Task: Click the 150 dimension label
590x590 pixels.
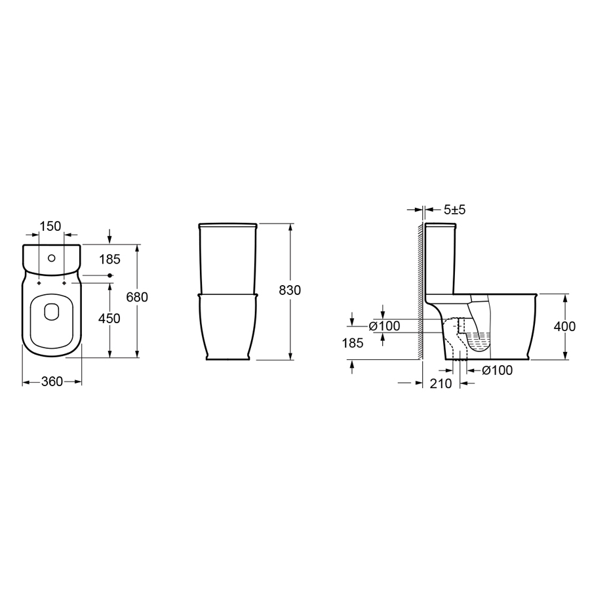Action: click(x=50, y=226)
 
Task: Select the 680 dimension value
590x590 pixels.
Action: click(x=137, y=297)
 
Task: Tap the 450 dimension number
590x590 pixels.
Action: click(x=109, y=319)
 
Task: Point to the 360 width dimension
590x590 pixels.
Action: click(x=52, y=382)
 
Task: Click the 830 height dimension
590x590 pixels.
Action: click(x=290, y=290)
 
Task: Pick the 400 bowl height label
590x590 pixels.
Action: click(x=564, y=326)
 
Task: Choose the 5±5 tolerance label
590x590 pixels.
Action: click(x=454, y=210)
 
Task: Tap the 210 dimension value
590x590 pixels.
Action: click(x=441, y=383)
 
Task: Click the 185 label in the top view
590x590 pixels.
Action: click(x=109, y=259)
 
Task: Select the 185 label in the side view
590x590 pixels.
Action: click(x=353, y=343)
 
